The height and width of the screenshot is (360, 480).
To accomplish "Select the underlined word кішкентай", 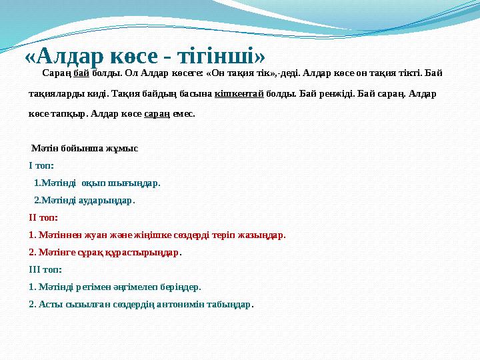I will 239,93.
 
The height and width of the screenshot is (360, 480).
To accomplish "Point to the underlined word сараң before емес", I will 153,114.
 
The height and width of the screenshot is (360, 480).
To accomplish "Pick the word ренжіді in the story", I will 325,93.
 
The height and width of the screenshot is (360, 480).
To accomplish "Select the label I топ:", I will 41,165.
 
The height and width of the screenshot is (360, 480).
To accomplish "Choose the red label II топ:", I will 43,217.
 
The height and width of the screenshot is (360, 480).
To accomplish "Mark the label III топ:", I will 45,269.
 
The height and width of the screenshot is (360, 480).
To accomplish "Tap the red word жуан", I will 90,235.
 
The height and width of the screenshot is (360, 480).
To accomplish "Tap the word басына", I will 197,93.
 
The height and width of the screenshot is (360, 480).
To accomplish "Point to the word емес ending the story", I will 184,114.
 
